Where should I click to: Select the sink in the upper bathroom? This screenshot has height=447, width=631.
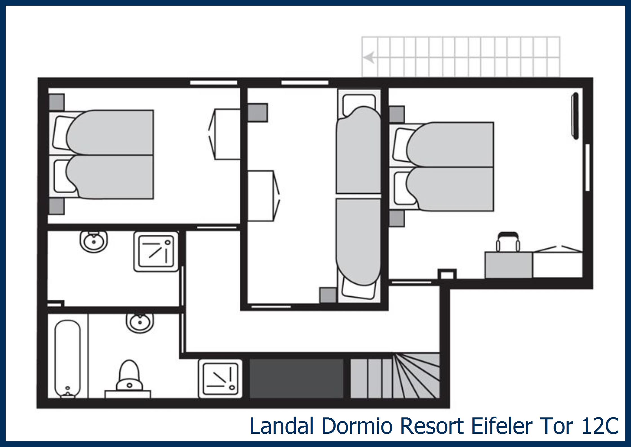[94, 241]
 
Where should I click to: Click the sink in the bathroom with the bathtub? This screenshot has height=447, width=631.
[140, 323]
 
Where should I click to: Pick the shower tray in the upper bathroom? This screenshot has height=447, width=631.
[156, 251]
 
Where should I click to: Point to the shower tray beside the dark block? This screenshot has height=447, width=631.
[220, 379]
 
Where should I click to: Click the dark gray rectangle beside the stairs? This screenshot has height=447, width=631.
[296, 378]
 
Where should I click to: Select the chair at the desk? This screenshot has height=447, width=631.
[508, 242]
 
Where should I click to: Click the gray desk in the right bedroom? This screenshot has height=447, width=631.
[508, 265]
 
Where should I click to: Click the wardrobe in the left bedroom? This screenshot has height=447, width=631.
[227, 134]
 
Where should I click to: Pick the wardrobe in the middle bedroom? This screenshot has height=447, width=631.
[261, 196]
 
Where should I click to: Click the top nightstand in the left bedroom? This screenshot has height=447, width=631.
[56, 102]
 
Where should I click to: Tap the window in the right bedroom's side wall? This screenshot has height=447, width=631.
[587, 167]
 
